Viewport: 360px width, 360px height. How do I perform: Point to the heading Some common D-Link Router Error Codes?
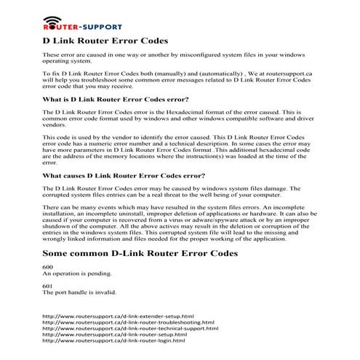point(140,253)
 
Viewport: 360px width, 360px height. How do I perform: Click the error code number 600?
point(48,267)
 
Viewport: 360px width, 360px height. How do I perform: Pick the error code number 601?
point(48,286)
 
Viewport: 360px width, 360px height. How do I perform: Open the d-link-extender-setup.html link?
point(119,317)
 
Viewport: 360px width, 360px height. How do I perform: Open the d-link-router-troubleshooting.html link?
point(129,323)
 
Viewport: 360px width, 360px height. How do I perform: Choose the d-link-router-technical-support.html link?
point(131,329)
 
